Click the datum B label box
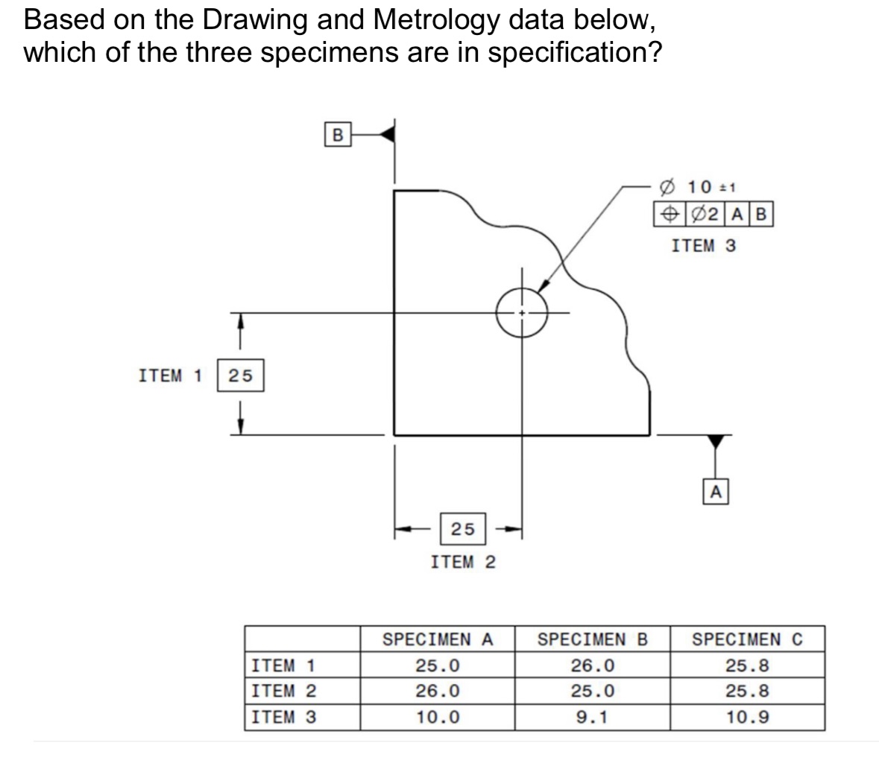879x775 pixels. point(338,135)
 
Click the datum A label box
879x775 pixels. point(715,491)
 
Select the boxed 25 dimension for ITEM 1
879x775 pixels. point(240,376)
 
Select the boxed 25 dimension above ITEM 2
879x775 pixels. point(462,528)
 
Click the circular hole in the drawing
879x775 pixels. point(523,312)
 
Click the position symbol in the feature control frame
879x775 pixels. point(667,215)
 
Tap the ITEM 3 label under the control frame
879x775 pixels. point(703,245)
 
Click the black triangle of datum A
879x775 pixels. point(716,440)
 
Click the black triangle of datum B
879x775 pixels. point(387,135)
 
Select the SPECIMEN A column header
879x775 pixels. point(438,639)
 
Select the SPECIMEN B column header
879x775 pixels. point(593,639)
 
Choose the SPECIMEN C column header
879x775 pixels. point(748,639)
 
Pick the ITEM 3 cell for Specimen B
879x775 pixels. point(593,717)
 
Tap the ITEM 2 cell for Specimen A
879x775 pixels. point(438,691)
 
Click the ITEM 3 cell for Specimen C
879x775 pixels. point(748,717)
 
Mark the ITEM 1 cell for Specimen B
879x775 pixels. point(593,665)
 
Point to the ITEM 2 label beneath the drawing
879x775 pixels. point(463,562)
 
